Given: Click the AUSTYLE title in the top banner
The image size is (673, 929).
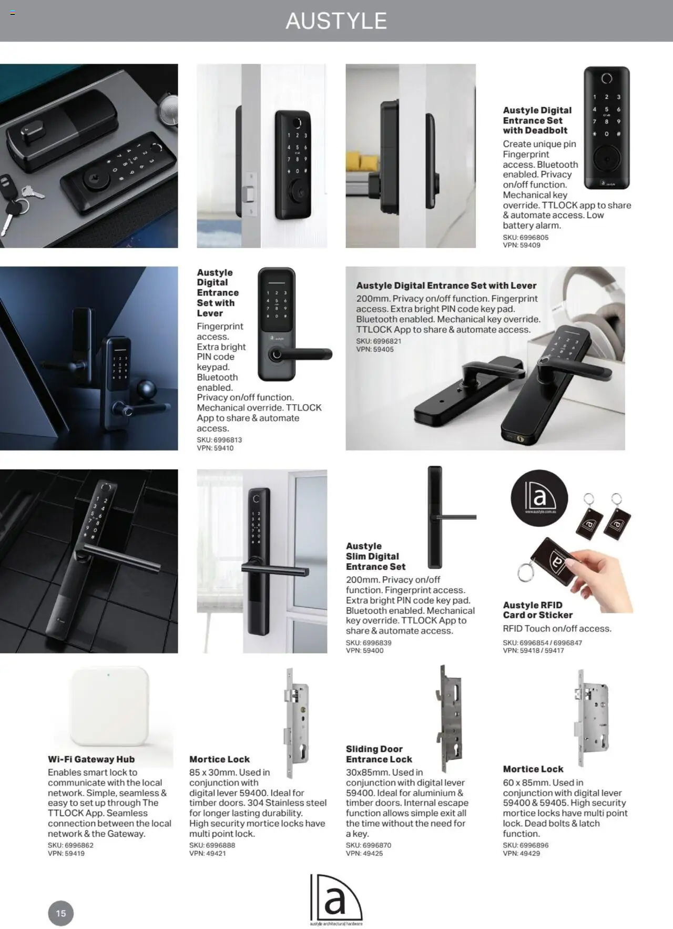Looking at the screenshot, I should pyautogui.click(x=336, y=21).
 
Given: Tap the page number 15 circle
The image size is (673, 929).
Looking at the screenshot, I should pyautogui.click(x=61, y=913).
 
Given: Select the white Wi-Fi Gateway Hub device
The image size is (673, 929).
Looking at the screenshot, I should pyautogui.click(x=109, y=706).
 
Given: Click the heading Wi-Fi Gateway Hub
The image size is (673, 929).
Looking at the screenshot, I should pyautogui.click(x=91, y=759).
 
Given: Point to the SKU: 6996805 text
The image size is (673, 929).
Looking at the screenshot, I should pyautogui.click(x=525, y=238).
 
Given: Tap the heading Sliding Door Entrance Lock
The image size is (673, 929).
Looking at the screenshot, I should pyautogui.click(x=379, y=754).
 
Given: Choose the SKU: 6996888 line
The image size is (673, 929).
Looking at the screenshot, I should pyautogui.click(x=212, y=845).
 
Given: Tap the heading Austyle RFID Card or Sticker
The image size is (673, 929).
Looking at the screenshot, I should pyautogui.click(x=537, y=610).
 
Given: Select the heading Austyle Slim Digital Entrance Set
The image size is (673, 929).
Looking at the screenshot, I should pyautogui.click(x=375, y=556).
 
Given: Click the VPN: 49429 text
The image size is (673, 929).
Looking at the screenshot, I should pyautogui.click(x=521, y=853).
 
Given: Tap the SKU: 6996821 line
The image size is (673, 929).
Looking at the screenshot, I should pyautogui.click(x=379, y=341).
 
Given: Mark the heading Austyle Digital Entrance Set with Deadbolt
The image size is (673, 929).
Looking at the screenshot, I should pyautogui.click(x=537, y=120).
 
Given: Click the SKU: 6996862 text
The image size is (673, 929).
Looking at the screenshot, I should pyautogui.click(x=70, y=845).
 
